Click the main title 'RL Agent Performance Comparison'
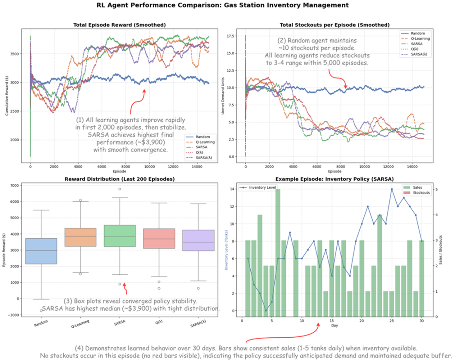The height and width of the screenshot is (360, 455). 227,5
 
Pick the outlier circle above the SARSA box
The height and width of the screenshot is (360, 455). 120,189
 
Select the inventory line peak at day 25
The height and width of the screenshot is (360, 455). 392,189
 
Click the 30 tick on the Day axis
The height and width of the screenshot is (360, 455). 421,321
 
